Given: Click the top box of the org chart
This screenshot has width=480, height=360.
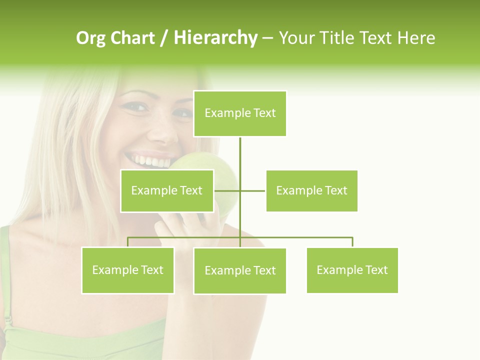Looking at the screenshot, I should (x=240, y=113).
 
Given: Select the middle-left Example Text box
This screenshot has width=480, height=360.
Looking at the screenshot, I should (x=167, y=190).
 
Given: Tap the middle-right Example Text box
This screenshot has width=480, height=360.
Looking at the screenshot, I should (x=311, y=190).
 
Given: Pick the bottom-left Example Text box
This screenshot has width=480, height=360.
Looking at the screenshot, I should (x=128, y=270).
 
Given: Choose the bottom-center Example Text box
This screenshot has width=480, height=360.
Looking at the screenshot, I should (x=240, y=270).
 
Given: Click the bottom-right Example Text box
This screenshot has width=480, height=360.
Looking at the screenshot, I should (x=352, y=270).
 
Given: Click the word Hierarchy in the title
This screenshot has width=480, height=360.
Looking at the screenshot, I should (x=215, y=38).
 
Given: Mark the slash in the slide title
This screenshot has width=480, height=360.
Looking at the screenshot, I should (x=164, y=38).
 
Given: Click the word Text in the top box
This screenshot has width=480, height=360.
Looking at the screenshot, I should (x=264, y=113).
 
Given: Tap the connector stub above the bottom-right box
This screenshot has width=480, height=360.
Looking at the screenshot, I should (x=352, y=242).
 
